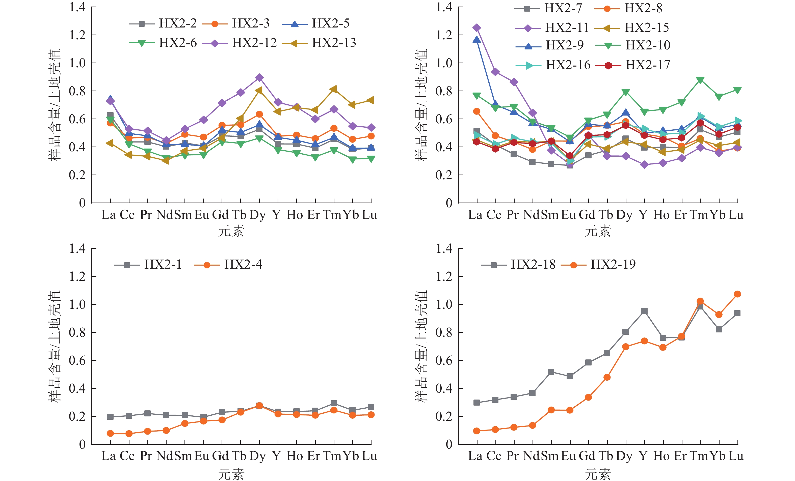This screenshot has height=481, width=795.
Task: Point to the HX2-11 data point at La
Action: pos(476,28)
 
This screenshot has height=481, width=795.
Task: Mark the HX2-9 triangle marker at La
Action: pos(476,40)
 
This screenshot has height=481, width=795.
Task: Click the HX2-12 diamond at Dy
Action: pos(259,78)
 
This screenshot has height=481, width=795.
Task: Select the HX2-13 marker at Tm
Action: pos(334,89)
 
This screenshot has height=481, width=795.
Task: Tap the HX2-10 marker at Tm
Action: pos(700,80)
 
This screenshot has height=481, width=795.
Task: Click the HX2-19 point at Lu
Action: pos(737,294)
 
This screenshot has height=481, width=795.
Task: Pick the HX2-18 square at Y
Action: pos(644,311)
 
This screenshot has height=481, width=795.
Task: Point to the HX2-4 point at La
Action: pos(110,433)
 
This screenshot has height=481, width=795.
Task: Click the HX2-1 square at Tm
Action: pos(334,403)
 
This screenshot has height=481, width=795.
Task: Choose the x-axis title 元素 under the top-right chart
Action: pos(598,231)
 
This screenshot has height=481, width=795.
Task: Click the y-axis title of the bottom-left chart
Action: pos(54,346)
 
